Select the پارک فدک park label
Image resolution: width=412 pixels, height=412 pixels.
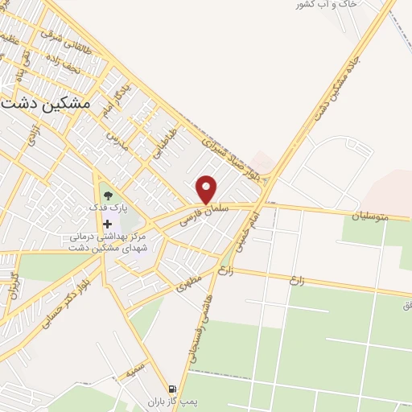point(106,208)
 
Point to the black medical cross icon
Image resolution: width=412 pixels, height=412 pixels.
point(108,223)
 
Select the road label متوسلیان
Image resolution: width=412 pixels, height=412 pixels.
point(369,215)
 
